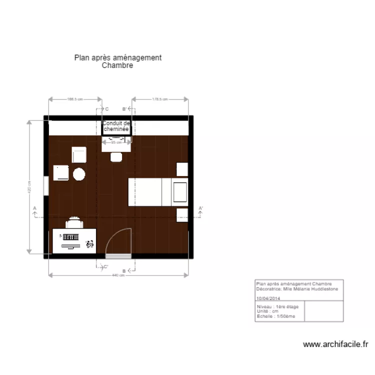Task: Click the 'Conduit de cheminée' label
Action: [116, 126]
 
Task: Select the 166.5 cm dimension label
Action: [74, 99]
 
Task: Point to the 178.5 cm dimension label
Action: [159, 99]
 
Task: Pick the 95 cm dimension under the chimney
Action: [116, 142]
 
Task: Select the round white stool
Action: [79, 174]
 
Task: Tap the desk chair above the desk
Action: [73, 221]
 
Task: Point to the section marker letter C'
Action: [105, 267]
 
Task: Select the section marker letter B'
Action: [125, 108]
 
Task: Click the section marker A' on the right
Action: [200, 208]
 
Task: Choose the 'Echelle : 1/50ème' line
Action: [276, 316]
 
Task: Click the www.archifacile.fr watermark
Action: [336, 344]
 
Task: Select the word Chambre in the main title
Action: [117, 65]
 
